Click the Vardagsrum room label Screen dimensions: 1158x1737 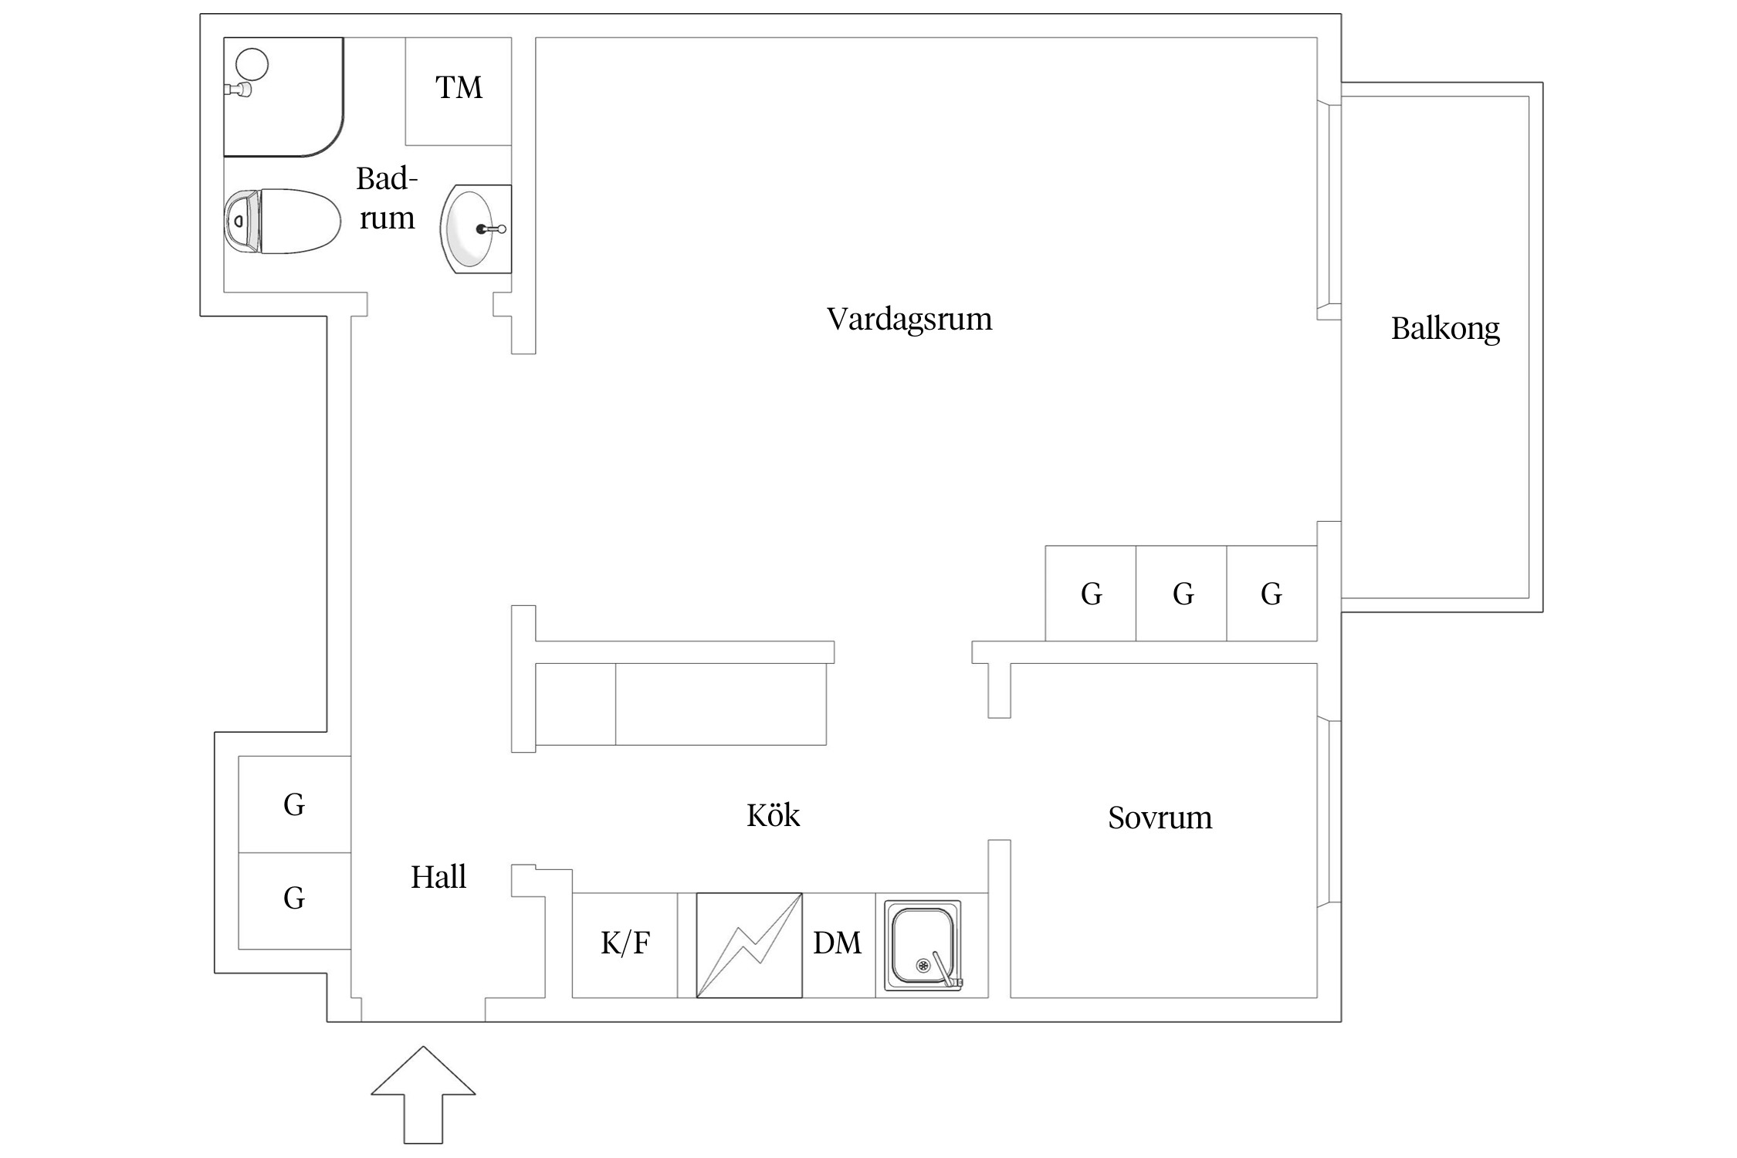click(x=909, y=320)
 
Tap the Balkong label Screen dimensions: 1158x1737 click(x=1444, y=329)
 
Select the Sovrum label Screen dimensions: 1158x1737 click(x=1160, y=818)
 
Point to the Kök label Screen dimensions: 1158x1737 click(x=773, y=815)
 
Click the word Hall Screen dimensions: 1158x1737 click(x=438, y=877)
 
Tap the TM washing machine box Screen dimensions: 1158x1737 click(x=459, y=90)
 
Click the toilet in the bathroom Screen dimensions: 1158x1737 click(x=283, y=222)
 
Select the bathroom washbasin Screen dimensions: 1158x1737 click(x=473, y=229)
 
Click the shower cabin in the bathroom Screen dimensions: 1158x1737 click(x=283, y=96)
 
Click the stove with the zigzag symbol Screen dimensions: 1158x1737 click(x=749, y=945)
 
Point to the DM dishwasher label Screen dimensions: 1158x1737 click(x=837, y=943)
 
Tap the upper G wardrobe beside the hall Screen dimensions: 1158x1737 click(x=294, y=804)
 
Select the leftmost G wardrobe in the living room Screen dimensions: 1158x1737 click(x=1090, y=594)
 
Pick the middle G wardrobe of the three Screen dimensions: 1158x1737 click(x=1181, y=594)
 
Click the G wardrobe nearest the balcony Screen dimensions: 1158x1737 click(x=1271, y=594)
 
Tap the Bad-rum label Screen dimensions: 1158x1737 click(x=387, y=198)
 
